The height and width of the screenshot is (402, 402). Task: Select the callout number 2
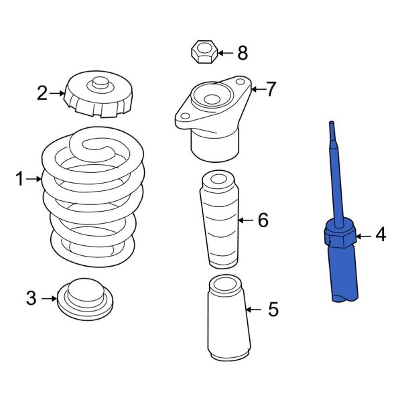(42, 93)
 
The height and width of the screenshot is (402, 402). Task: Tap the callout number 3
(31, 298)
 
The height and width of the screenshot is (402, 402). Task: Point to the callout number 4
(381, 235)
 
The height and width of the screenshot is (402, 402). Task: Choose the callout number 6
(263, 219)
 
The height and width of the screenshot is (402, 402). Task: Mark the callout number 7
(271, 90)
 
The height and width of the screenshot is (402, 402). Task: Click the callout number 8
(242, 52)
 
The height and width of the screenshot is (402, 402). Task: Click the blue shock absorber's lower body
(346, 275)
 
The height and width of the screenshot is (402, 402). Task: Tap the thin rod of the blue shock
(336, 174)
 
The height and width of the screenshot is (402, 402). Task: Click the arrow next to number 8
(224, 52)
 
